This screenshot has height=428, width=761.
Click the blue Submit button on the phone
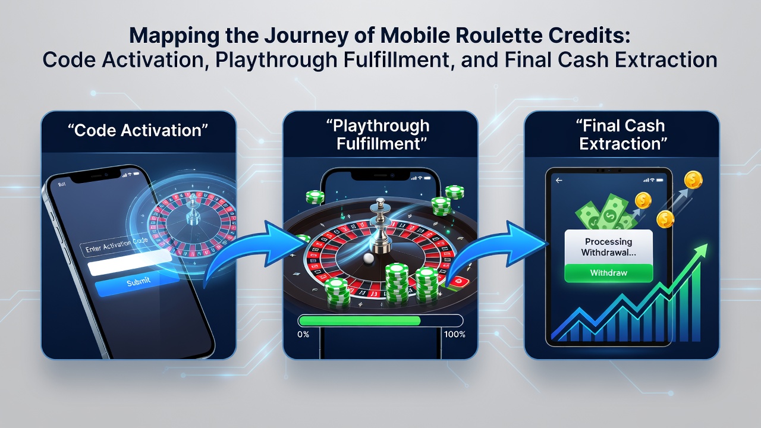[x=137, y=282]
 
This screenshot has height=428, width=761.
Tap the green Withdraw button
[x=608, y=273]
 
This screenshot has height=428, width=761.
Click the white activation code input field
[x=130, y=262]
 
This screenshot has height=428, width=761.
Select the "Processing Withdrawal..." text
[x=608, y=247]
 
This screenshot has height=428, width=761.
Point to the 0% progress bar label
[x=303, y=334]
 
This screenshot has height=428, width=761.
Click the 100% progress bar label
[x=455, y=334]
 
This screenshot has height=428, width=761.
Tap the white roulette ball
[x=369, y=258]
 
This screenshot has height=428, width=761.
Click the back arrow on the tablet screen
[x=559, y=180]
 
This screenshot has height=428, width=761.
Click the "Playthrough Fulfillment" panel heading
[x=380, y=134]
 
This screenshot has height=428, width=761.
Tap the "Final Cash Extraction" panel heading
[x=622, y=134]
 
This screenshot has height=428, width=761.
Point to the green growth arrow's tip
[x=707, y=244]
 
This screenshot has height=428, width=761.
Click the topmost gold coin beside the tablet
[x=693, y=180]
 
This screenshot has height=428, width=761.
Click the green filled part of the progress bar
[x=360, y=320]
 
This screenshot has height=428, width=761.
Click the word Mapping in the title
[x=175, y=36]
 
